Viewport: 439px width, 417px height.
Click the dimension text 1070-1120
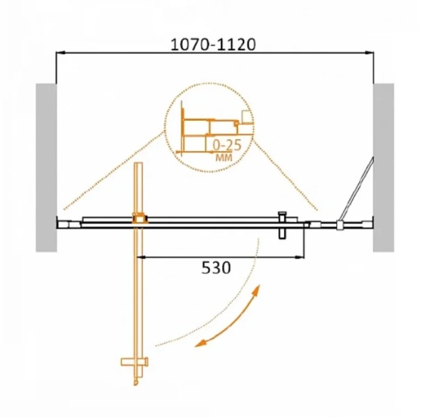(213, 44)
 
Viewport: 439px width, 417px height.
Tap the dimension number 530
(216, 268)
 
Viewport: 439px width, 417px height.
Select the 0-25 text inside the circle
(227, 145)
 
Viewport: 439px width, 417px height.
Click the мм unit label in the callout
(224, 158)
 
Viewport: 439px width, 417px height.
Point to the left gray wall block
(46, 167)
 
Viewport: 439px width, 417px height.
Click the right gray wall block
(383, 167)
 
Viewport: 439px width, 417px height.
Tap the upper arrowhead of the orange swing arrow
(256, 291)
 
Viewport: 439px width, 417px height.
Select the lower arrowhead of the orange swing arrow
(201, 343)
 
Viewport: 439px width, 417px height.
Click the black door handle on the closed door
(282, 225)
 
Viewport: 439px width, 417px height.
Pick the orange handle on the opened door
(134, 362)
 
